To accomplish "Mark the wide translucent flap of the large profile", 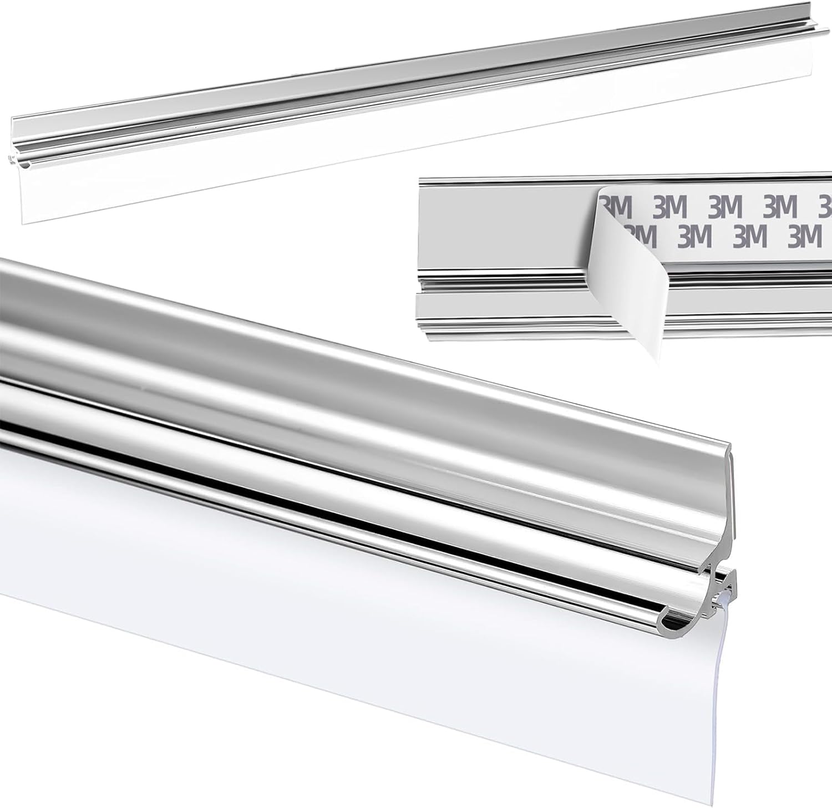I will pyautogui.click(x=333, y=599).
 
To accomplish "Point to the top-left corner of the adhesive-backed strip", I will pyautogui.click(x=420, y=179).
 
